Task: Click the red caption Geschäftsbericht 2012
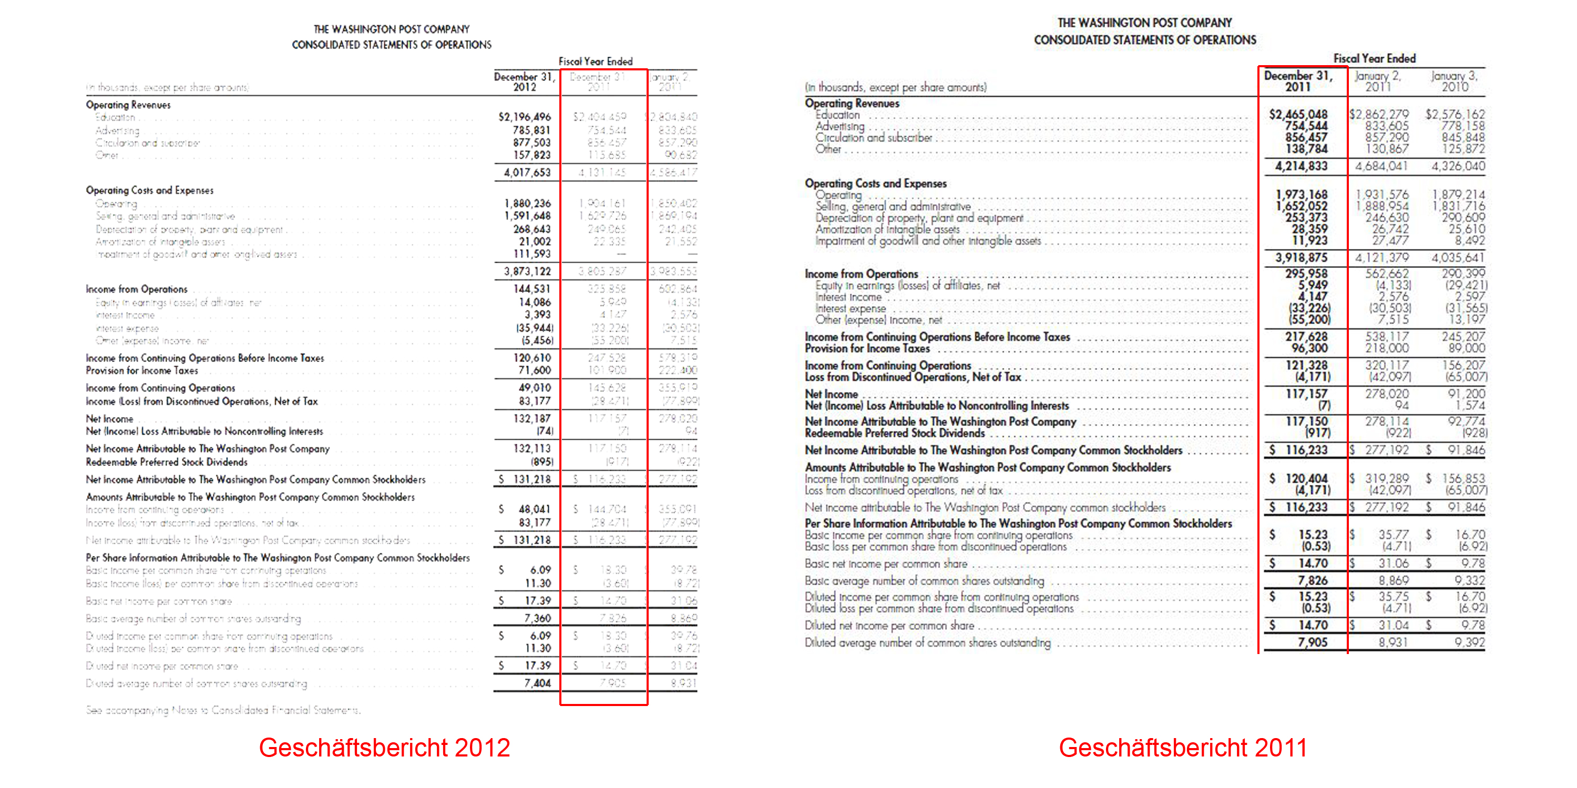[x=384, y=748]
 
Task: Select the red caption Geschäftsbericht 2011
[x=1183, y=748]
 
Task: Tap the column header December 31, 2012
[x=525, y=82]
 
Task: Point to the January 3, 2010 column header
[x=1455, y=81]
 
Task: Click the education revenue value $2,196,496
[x=525, y=117]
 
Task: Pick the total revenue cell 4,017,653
[x=527, y=172]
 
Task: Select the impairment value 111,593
[x=532, y=254]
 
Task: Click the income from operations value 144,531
[x=532, y=289]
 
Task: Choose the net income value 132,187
[x=532, y=419]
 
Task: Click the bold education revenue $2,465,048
[x=1298, y=115]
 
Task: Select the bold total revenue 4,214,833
[x=1302, y=167]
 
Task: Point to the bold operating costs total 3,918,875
[x=1302, y=257]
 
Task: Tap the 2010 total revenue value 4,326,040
[x=1458, y=167]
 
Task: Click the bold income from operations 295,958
[x=1306, y=274]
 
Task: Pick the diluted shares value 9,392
[x=1470, y=642]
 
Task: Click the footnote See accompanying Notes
[x=223, y=710]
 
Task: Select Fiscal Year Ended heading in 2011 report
[x=1375, y=59]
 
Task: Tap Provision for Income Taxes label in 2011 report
[x=867, y=348]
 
